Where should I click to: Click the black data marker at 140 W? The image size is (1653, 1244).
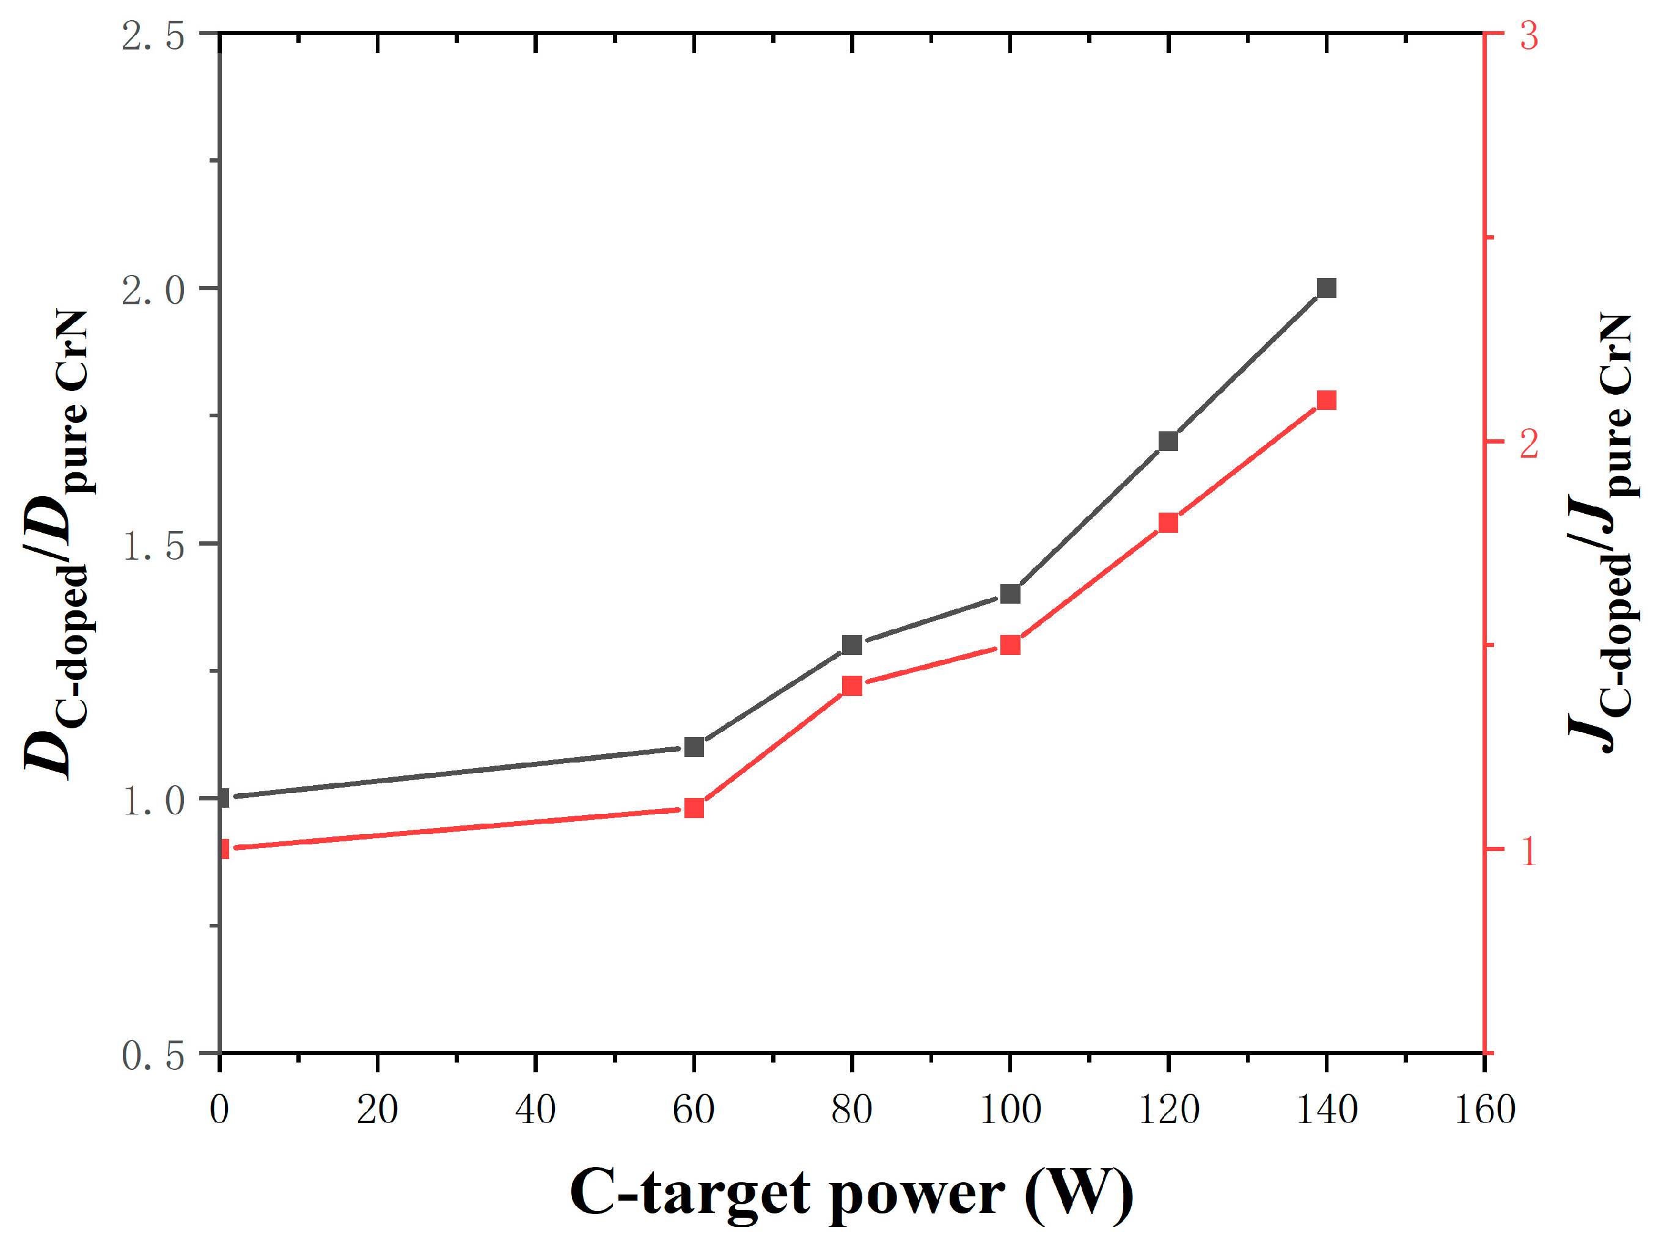(x=1325, y=288)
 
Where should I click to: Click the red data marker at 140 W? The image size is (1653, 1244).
(x=1325, y=400)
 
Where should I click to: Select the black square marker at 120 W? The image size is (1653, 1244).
(x=1168, y=441)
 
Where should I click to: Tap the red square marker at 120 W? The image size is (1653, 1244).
(x=1168, y=522)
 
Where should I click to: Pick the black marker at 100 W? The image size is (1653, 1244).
(x=1010, y=594)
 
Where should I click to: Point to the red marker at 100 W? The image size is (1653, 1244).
(x=1010, y=645)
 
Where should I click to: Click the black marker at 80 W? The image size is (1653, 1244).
(x=852, y=645)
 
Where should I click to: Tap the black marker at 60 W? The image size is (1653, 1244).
(x=694, y=747)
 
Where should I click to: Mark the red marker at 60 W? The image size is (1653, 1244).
(x=694, y=808)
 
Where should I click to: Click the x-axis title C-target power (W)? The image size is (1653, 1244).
(x=851, y=1193)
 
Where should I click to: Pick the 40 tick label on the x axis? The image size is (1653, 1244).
(x=535, y=1110)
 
